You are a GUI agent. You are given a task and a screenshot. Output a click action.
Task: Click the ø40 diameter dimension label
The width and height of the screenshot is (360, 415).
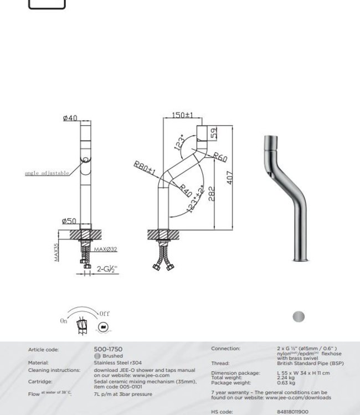[70, 118]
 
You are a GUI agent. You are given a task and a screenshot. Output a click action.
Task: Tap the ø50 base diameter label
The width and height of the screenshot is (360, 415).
[69, 221]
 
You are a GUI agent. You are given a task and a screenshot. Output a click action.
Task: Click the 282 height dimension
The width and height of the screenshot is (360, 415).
[211, 194]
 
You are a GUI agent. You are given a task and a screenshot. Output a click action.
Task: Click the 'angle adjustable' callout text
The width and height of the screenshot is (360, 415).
[47, 173]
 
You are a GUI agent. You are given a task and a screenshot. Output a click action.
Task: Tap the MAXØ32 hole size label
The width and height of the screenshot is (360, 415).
[106, 250]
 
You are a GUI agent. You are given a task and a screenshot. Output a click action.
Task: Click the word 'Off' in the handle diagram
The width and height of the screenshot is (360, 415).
[104, 314]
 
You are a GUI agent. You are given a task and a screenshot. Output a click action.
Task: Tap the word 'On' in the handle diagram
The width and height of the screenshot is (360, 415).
[64, 321]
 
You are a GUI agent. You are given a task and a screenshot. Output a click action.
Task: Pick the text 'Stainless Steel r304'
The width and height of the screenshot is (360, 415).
[117, 363]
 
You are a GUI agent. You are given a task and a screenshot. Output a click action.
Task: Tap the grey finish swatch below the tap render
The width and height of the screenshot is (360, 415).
[298, 317]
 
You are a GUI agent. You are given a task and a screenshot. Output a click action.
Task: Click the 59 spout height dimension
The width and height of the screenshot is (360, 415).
[214, 133]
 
